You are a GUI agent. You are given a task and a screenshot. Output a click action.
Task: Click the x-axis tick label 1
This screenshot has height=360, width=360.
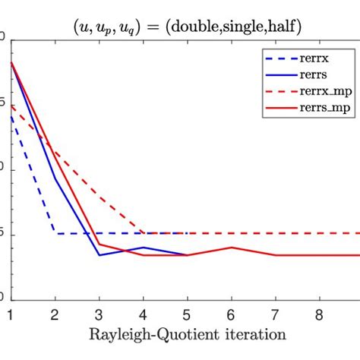[x=10, y=314]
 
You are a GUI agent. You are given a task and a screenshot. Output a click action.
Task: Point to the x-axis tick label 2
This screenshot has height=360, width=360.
[x=54, y=314]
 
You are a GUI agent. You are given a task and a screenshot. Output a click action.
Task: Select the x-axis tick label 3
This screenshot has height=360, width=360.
[x=99, y=314]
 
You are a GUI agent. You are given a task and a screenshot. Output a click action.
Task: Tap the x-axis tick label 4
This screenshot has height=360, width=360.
[x=143, y=314]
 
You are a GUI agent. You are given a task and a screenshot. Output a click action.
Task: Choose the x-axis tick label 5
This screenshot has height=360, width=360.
[x=187, y=314]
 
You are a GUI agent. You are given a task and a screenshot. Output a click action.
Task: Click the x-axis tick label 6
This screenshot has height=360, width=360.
[x=231, y=314]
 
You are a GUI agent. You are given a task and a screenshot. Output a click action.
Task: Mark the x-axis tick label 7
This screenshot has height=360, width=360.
[x=275, y=314]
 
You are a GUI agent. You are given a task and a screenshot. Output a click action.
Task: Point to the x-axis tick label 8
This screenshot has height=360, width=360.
[x=320, y=314]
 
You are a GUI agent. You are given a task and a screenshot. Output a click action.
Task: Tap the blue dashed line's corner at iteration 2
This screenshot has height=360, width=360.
[x=55, y=233]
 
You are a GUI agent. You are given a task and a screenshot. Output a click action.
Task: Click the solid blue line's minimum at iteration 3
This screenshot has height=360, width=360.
[x=99, y=255]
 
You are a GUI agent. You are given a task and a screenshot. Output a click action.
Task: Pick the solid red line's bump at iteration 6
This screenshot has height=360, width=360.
[x=231, y=247]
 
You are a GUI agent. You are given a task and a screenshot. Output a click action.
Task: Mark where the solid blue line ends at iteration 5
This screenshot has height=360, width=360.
[x=187, y=255]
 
